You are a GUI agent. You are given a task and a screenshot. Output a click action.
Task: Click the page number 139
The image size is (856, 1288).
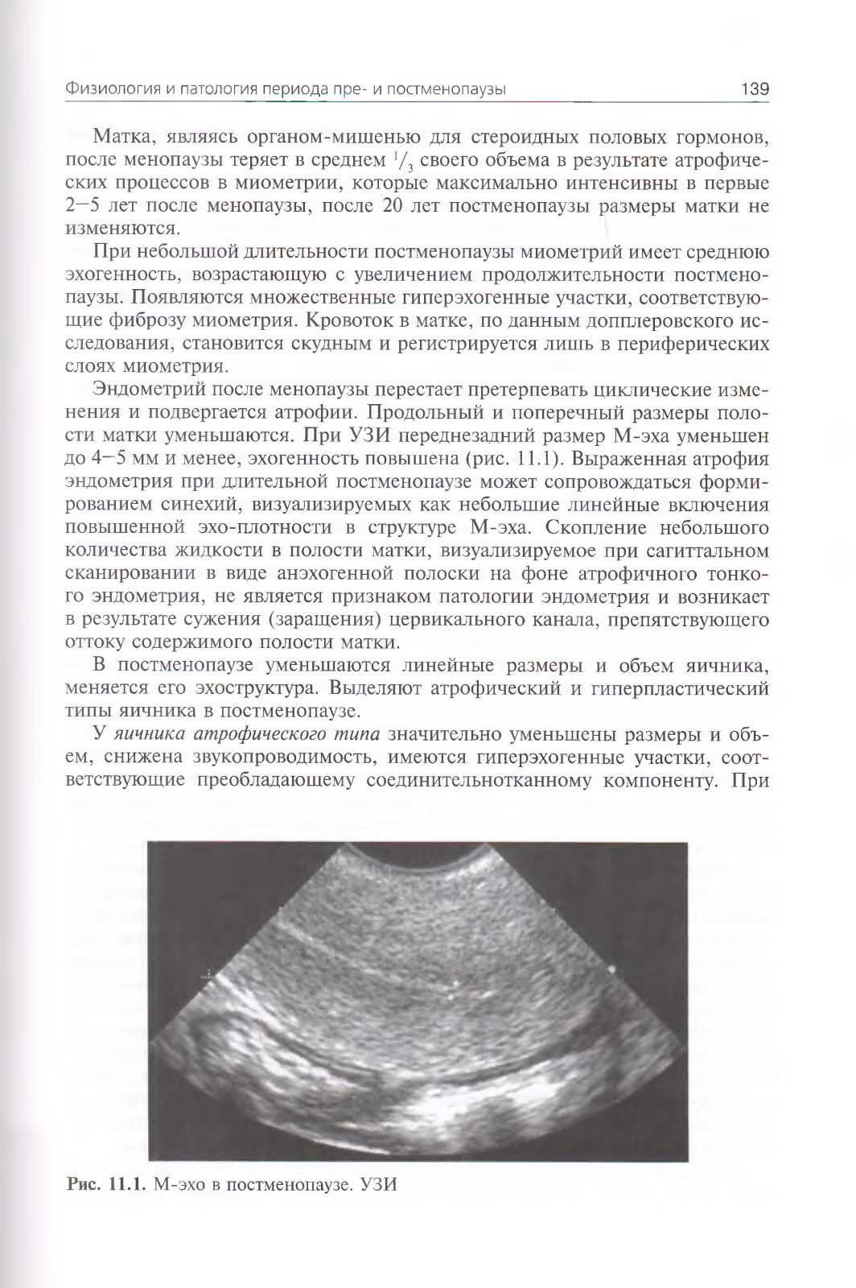click(754, 89)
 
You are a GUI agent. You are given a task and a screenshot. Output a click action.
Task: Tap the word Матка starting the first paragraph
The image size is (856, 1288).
click(123, 134)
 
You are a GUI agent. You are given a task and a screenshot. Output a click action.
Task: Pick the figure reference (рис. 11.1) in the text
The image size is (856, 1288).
click(536, 460)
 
